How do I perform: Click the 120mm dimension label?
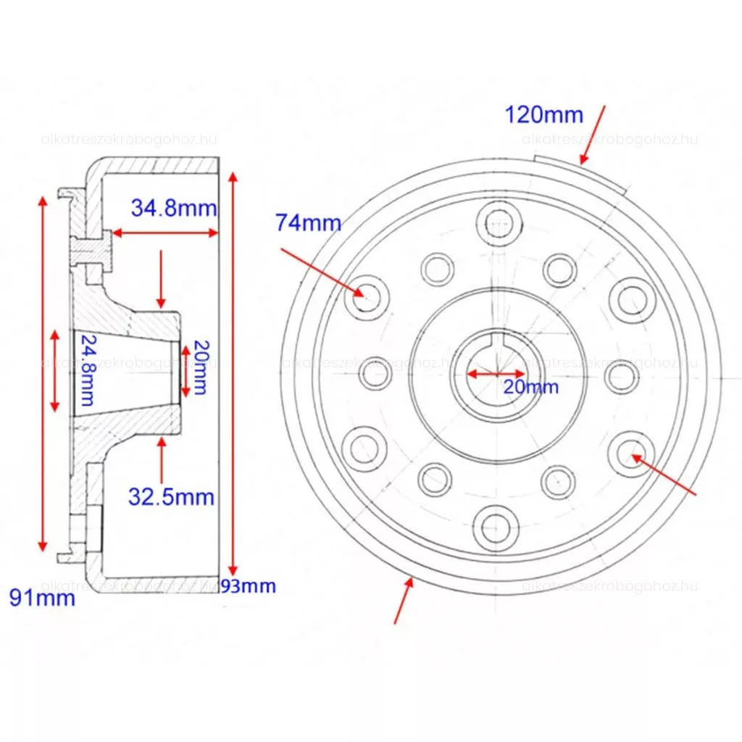(x=543, y=115)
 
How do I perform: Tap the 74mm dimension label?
(x=309, y=222)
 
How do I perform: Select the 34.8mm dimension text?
(x=174, y=208)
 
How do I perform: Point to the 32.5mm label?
(x=171, y=497)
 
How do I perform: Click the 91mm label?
(x=42, y=598)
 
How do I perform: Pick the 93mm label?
(x=248, y=586)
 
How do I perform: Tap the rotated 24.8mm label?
(x=88, y=370)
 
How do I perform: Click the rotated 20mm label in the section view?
(x=201, y=367)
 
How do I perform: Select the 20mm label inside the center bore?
(x=530, y=387)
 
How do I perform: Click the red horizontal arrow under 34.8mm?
(x=165, y=233)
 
